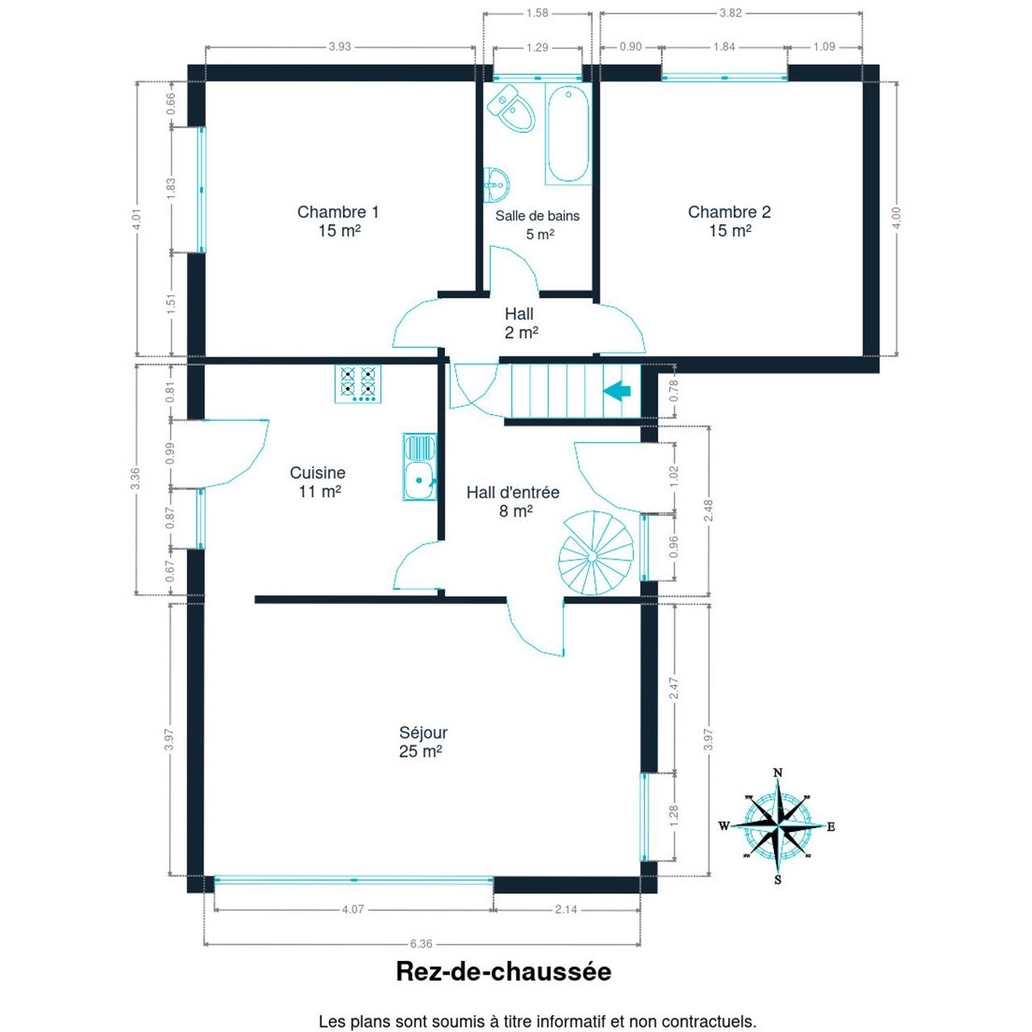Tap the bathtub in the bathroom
pos(568,134)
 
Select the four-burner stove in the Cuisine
pos(358,384)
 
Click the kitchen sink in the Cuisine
pos(419,467)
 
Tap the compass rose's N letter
pos(778,772)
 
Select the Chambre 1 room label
pos(338,212)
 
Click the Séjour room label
pos(423,732)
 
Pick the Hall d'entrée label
pos(513,492)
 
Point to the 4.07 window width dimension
pos(353,909)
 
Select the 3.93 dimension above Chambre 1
pos(339,47)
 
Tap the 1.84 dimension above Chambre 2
pos(724,47)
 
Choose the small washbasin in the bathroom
pos(496,185)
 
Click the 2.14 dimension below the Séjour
pos(566,909)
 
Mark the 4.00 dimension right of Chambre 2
pos(897,218)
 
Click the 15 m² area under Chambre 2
pos(730,231)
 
